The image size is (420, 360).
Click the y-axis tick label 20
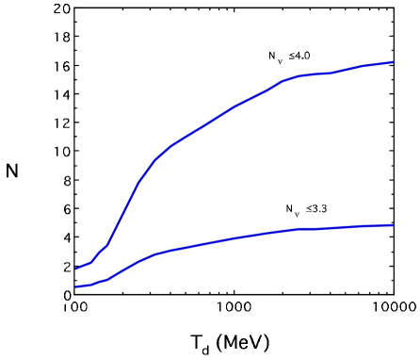pos(60,10)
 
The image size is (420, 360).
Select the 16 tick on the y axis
pos(60,68)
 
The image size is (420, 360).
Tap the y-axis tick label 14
pos(60,96)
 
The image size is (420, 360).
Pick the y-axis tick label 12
pos(60,124)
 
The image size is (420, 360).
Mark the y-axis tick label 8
pos(65,182)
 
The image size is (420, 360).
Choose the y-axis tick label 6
pos(65,210)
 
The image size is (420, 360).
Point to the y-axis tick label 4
pos(65,238)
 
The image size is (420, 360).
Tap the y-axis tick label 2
pos(65,268)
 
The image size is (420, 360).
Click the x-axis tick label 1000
pos(231,307)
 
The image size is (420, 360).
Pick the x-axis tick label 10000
pos(386,307)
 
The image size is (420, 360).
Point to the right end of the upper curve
pos(393,62)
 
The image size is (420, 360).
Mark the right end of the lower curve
pos(393,225)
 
